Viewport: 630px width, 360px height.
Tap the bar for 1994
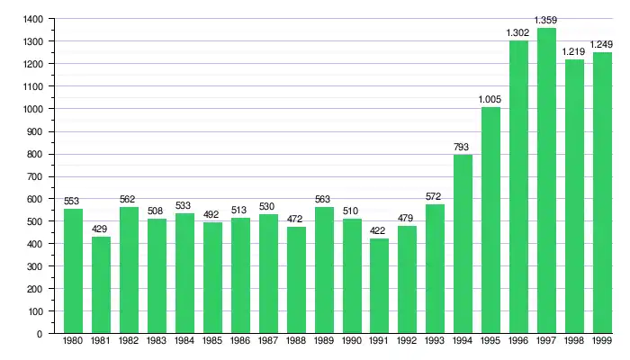click(463, 244)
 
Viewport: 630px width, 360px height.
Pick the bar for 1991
click(379, 285)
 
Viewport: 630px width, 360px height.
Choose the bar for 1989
click(323, 270)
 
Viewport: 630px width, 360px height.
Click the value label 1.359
click(545, 20)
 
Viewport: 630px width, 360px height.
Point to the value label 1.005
click(490, 99)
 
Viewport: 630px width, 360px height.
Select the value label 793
click(463, 147)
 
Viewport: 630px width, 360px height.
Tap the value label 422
click(379, 230)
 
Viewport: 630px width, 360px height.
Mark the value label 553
click(73, 201)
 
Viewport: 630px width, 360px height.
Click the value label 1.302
click(517, 32)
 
